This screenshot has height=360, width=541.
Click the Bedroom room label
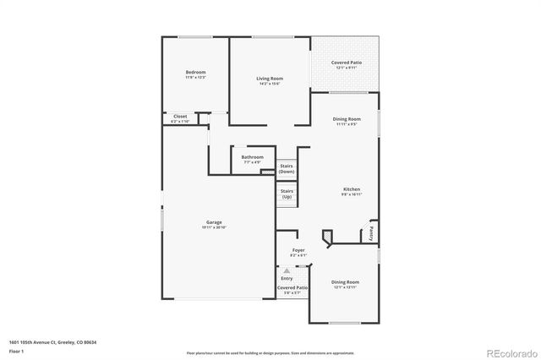point(195,73)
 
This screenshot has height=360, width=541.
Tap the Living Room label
point(270,79)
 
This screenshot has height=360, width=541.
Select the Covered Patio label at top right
point(347,63)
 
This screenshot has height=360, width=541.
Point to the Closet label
point(180,116)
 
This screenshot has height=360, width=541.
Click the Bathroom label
point(252,157)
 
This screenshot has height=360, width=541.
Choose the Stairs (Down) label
point(287,168)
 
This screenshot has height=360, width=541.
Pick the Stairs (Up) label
point(287,194)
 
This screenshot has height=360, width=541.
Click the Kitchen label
point(352,189)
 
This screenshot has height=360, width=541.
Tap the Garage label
point(214,222)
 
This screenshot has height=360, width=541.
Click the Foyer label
point(298,250)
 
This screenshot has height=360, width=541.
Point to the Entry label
point(287,278)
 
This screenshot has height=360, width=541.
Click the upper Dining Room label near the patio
point(347,119)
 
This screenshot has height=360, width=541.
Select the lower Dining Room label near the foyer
point(345,282)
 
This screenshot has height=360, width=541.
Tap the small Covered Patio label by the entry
point(292,288)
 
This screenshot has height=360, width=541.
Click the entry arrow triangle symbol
point(287,270)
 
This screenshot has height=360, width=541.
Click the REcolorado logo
point(510,352)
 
